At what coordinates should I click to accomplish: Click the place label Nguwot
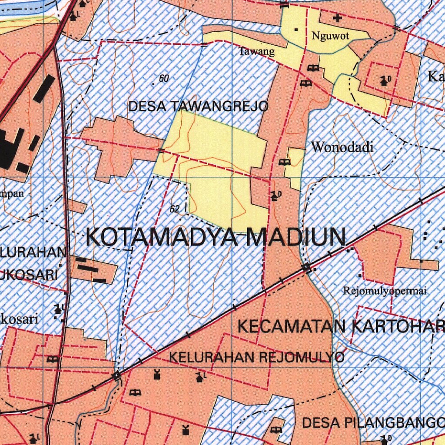(x=330, y=36)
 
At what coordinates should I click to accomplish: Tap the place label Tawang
(x=257, y=52)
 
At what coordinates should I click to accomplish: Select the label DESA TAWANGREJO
(x=198, y=106)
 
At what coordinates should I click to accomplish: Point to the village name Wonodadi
(x=342, y=147)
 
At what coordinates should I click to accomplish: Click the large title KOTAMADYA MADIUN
(x=216, y=237)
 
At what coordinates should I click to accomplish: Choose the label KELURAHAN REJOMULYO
(x=256, y=357)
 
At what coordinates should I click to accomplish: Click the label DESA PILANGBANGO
(x=373, y=422)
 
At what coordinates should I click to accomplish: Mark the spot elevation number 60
(x=164, y=79)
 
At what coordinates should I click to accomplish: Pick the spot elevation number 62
(x=175, y=209)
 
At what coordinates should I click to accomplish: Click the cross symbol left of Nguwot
(x=337, y=18)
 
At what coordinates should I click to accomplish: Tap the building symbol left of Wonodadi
(x=285, y=162)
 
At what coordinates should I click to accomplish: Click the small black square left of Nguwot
(x=296, y=30)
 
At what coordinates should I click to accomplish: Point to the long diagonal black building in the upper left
(x=44, y=89)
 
